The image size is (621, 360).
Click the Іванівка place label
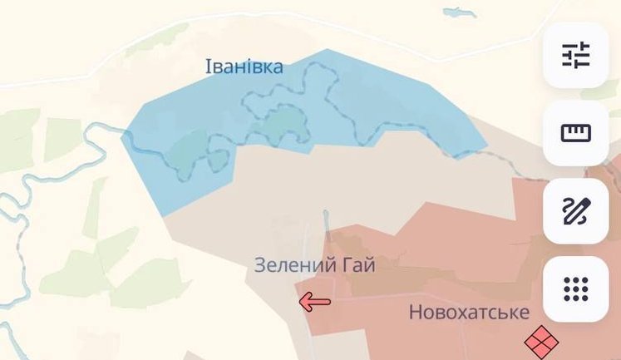[x=244, y=67]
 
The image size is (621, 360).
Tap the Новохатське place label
[x=469, y=313]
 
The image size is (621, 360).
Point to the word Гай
[x=357, y=266]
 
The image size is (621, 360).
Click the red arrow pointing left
[x=315, y=302]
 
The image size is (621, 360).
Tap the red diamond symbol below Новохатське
[x=541, y=341]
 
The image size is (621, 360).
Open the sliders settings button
[x=575, y=55]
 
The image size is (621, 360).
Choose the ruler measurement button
[x=575, y=133]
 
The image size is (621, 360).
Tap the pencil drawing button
[x=575, y=211]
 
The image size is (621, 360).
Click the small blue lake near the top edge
[x=460, y=12]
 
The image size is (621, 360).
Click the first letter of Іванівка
[x=209, y=67]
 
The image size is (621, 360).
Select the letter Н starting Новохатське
[x=415, y=313]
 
